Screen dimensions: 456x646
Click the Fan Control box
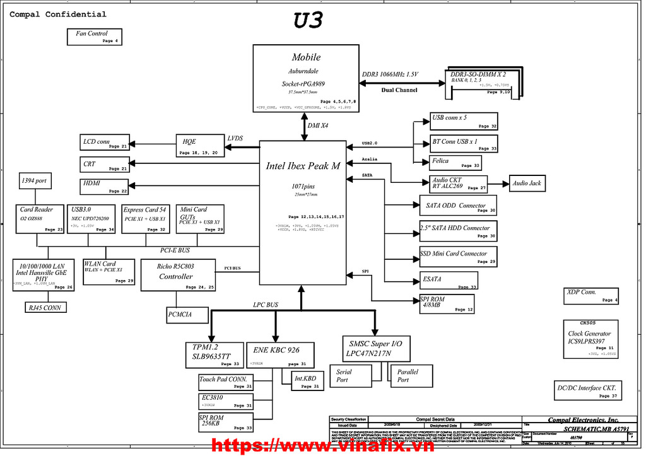coord(94,37)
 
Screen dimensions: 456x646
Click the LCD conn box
coord(105,143)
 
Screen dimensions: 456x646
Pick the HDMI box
coord(105,186)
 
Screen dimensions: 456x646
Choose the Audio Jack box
coord(526,184)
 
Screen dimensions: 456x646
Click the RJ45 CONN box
coord(45,307)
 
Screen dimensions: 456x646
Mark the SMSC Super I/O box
coord(376,348)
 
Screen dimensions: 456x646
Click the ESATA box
coord(449,280)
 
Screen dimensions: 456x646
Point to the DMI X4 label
coord(319,126)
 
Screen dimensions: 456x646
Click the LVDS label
coord(235,139)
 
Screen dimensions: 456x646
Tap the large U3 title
coord(308,20)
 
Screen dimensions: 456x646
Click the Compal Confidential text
coord(57,14)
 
